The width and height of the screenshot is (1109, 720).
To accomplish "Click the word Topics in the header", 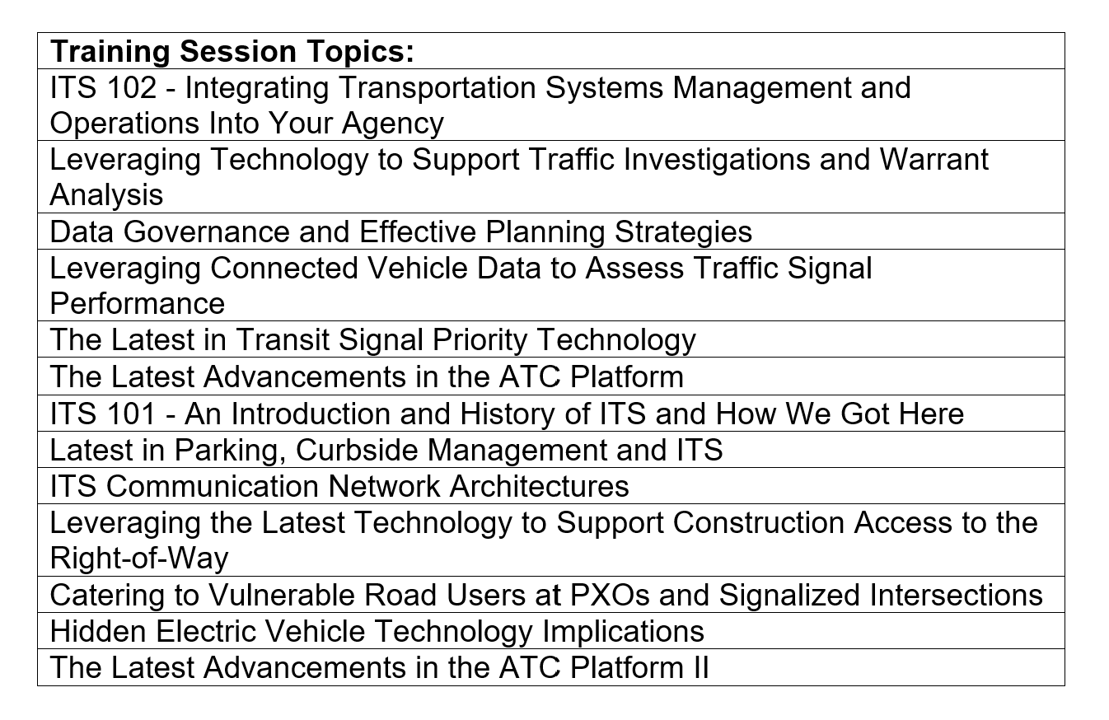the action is (360, 52).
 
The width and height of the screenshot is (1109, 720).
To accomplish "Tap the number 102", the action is (131, 87).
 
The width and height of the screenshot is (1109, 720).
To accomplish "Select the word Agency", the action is (393, 124).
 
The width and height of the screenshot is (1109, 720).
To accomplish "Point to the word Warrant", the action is (934, 159).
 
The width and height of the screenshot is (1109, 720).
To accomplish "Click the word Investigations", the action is (716, 161).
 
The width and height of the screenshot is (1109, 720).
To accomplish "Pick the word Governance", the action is (206, 231).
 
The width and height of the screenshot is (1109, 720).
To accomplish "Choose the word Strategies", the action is (683, 233).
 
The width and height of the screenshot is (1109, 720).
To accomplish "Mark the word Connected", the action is (283, 269).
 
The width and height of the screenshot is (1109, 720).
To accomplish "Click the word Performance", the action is (137, 303).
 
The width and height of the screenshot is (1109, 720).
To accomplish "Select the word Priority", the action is (480, 341).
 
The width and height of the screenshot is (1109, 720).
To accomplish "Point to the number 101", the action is (131, 414).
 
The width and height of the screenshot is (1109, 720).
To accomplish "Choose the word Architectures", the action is (539, 486).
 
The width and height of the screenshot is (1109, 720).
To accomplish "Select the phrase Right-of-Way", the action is (139, 559).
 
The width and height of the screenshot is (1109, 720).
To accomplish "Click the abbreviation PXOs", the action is (610, 595).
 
